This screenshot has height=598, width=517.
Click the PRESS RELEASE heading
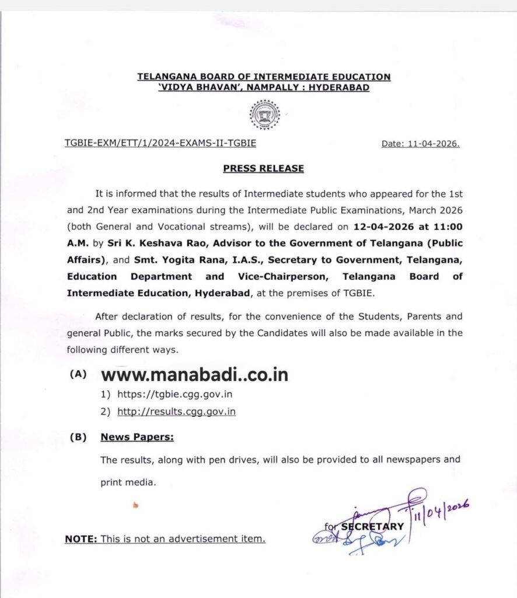(x=264, y=168)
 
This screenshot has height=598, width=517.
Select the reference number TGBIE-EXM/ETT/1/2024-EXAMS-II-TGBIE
(x=160, y=142)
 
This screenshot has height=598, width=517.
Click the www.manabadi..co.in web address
(x=195, y=374)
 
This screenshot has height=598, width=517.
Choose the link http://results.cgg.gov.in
(x=177, y=412)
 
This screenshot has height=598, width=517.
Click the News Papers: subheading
(x=137, y=437)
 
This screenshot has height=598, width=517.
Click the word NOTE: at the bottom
(x=81, y=539)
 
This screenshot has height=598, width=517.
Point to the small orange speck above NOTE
(x=136, y=505)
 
